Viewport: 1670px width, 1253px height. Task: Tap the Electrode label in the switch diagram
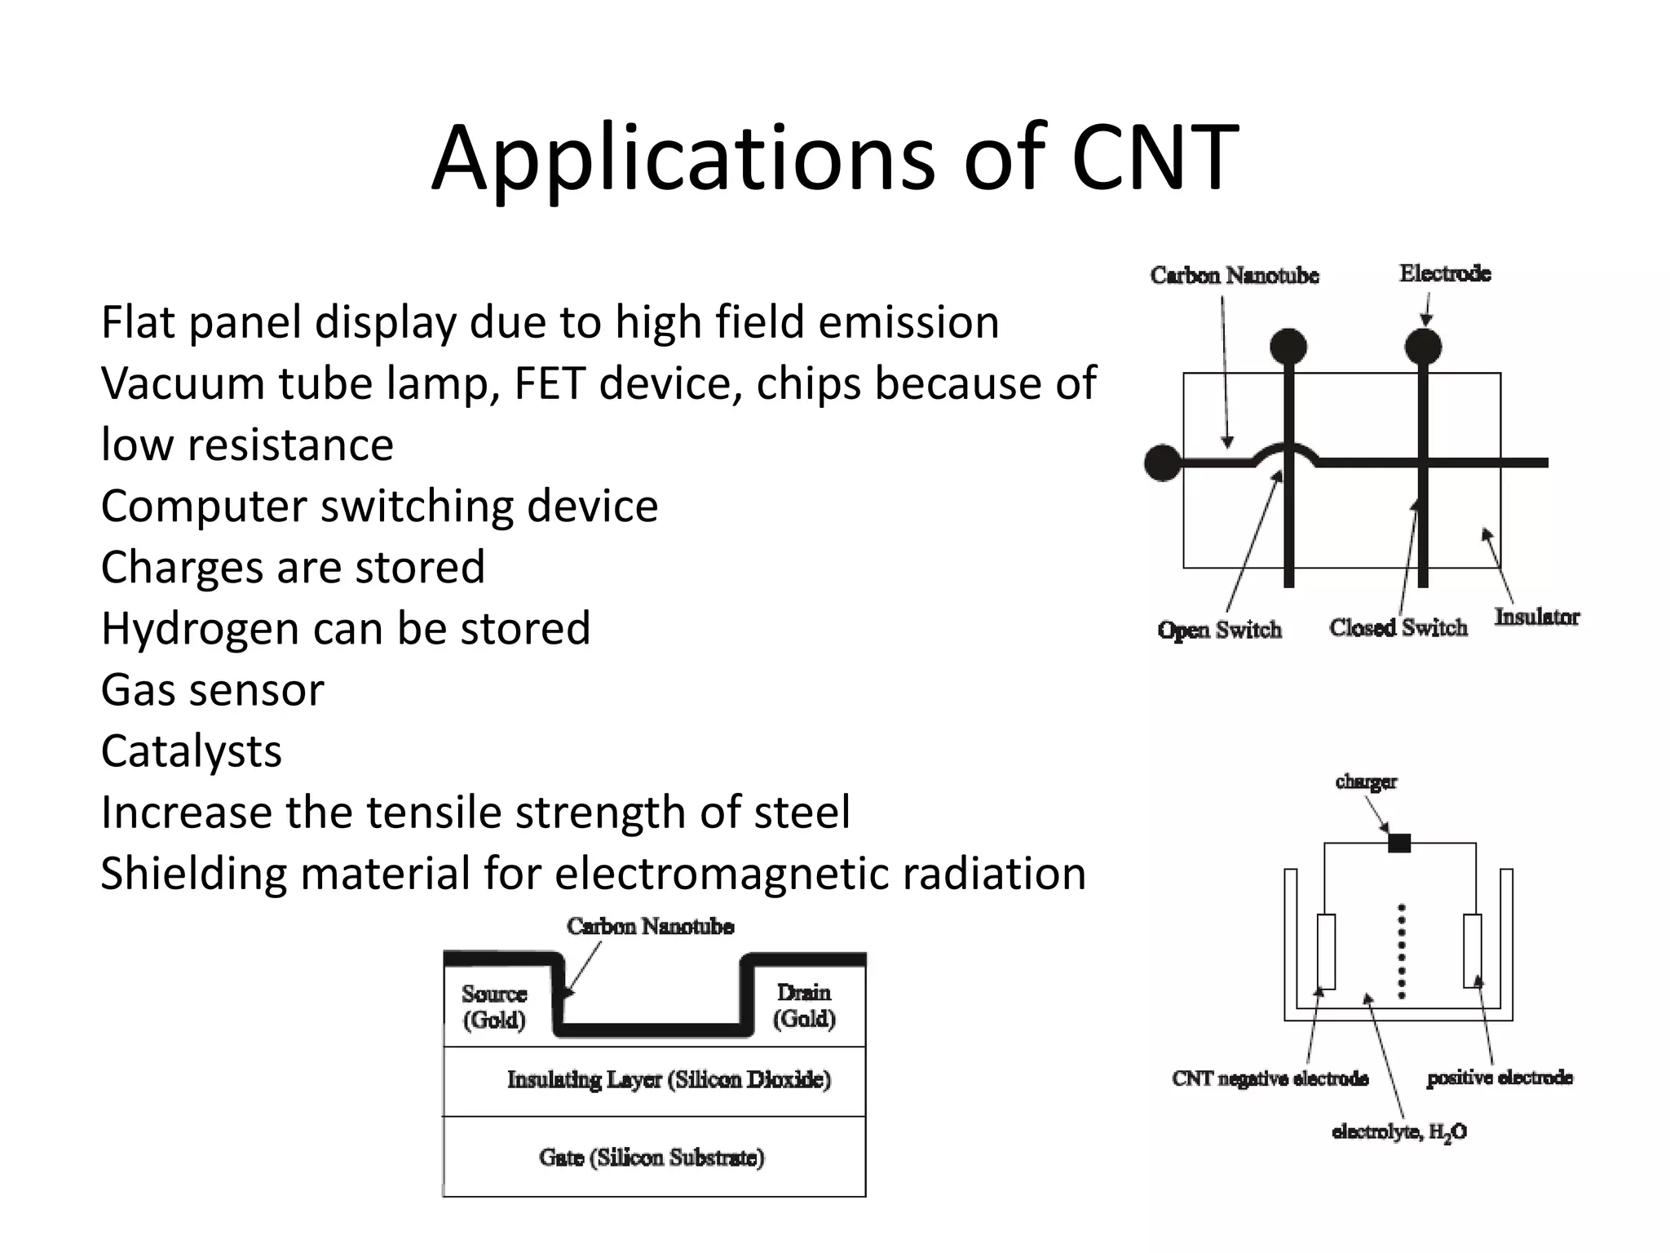pos(1445,273)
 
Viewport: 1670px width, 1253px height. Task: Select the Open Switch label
pos(1220,630)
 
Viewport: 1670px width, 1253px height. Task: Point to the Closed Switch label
pos(1398,627)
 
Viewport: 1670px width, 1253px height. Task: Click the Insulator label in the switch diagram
pos(1536,617)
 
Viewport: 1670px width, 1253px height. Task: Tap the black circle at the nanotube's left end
pos(1163,463)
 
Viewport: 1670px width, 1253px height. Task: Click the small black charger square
pos(1399,843)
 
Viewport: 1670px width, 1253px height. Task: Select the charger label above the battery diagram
pos(1366,781)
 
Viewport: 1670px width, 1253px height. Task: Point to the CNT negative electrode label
pos(1270,1078)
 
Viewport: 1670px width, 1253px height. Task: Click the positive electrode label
pos(1499,1078)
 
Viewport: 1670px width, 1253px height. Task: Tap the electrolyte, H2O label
pos(1399,1132)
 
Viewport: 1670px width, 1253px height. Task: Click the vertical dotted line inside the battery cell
pos(1402,950)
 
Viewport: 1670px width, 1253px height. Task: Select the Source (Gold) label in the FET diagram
pos(494,1007)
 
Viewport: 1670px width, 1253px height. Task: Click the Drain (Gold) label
pos(804,1005)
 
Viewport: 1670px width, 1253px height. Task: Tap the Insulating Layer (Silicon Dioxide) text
pos(669,1080)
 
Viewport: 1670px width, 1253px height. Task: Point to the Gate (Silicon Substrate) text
pos(652,1158)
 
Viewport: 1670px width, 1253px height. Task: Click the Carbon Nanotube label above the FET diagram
pos(650,926)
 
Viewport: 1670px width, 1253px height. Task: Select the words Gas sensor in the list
pos(212,690)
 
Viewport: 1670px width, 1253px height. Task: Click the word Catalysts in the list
pos(191,751)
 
